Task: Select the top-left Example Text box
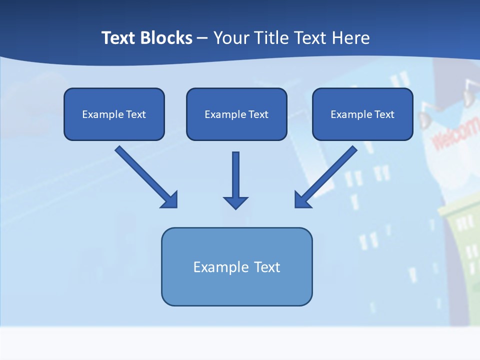click(x=114, y=114)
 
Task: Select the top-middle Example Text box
click(x=236, y=114)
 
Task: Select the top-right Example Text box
click(x=362, y=114)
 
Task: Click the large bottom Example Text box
click(x=236, y=266)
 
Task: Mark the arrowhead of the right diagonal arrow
click(x=302, y=200)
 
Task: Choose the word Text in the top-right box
click(x=384, y=114)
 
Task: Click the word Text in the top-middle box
click(x=258, y=114)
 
